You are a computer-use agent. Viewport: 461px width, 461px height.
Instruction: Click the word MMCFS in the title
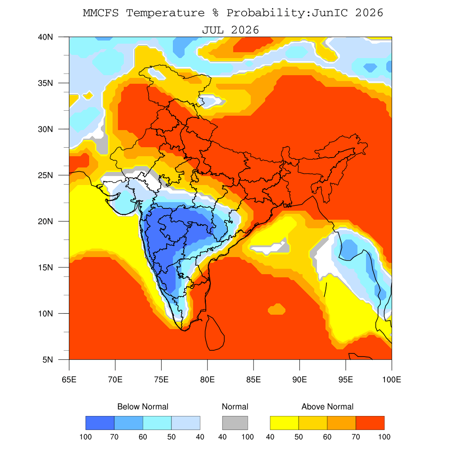(x=100, y=13)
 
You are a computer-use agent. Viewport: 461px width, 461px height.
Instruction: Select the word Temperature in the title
(x=165, y=13)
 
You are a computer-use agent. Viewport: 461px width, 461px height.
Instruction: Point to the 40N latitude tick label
(x=45, y=37)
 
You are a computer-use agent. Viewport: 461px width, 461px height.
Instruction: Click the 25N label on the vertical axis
(x=45, y=175)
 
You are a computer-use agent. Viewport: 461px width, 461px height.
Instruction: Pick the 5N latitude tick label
(x=48, y=360)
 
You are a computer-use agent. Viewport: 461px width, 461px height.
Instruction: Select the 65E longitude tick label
(x=69, y=380)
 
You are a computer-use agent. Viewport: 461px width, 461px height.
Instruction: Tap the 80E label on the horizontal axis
(x=207, y=380)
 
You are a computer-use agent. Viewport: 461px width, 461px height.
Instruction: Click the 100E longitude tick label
(x=392, y=380)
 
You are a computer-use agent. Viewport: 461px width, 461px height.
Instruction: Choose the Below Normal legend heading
(x=143, y=407)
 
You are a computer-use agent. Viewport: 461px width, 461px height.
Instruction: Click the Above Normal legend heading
(x=327, y=407)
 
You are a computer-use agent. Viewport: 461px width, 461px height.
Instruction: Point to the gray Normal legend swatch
(x=235, y=423)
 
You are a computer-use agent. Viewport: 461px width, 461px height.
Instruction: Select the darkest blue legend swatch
(x=100, y=423)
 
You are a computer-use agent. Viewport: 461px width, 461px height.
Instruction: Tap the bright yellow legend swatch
(x=285, y=423)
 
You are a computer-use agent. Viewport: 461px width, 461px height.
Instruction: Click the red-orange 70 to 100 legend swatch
(x=370, y=423)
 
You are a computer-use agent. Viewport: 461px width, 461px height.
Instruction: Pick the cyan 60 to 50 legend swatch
(x=157, y=423)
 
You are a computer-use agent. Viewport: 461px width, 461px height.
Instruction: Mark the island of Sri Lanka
(x=215, y=333)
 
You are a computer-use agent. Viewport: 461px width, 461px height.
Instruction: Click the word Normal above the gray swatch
(x=235, y=407)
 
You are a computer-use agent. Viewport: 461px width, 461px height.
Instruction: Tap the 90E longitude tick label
(x=299, y=380)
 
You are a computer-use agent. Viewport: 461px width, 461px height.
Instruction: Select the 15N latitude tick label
(x=45, y=267)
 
